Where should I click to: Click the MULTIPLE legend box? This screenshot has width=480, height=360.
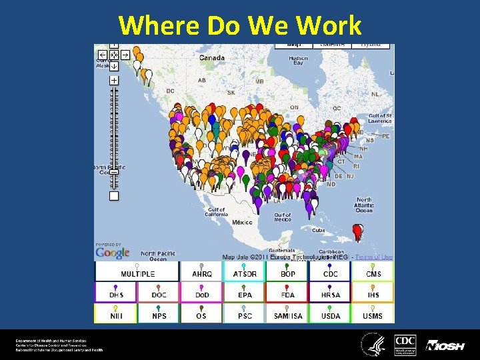pos(137,271)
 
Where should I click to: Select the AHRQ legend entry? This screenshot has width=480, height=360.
pos(201,271)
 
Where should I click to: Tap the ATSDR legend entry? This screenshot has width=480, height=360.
pos(245,271)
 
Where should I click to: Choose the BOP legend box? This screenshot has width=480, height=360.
pos(287,271)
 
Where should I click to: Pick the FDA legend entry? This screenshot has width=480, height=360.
pos(287,292)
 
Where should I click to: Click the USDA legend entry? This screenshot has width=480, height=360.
pos(331,313)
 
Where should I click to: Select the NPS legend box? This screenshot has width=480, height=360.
pos(159,313)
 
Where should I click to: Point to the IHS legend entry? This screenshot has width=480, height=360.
pos(373,292)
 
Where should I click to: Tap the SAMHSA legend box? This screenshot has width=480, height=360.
pos(287,313)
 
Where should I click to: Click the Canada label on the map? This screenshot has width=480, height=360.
pos(211,58)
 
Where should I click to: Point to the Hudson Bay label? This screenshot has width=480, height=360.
pos(298,61)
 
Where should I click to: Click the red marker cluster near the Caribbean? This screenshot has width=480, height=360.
pos(358,231)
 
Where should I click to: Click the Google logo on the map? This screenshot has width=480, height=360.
pos(112,253)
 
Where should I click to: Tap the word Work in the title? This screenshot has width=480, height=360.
pos(329,25)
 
